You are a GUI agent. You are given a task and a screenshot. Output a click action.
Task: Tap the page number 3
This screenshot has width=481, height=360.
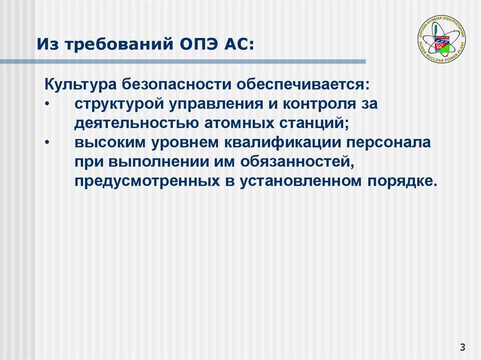pos(463,347)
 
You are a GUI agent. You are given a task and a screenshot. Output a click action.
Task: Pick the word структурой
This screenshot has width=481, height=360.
pos(115,104)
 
